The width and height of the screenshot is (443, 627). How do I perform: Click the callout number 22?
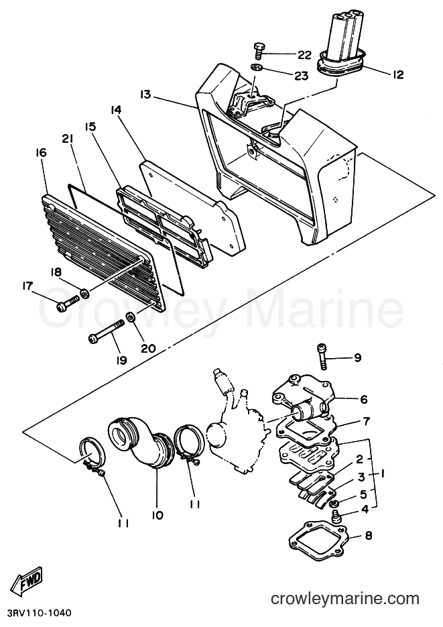tap(304, 55)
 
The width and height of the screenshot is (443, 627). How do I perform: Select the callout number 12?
tap(398, 74)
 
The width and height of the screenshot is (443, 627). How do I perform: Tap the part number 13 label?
tap(146, 95)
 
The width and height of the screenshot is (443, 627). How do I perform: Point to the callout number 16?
tap(41, 152)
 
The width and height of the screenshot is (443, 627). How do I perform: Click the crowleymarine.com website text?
tap(345, 598)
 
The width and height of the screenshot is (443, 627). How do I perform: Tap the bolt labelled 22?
tap(257, 50)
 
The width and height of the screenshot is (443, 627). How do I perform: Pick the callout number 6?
tap(363, 399)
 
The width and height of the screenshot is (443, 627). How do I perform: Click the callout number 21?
tap(68, 138)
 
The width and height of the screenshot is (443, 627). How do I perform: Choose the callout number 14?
tap(116, 109)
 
